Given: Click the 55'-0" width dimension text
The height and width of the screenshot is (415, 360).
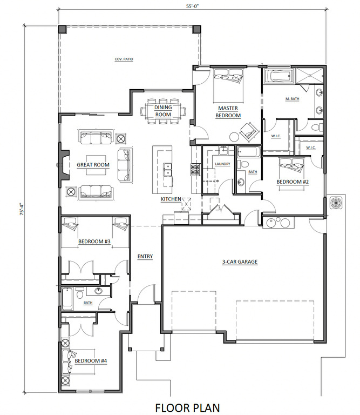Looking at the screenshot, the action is tap(192, 6).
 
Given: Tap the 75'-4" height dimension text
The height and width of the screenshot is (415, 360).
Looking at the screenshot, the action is tap(22, 209).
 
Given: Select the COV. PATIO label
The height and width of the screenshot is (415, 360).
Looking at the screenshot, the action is tap(124, 59).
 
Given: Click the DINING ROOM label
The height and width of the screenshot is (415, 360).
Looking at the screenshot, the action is tap(163, 111).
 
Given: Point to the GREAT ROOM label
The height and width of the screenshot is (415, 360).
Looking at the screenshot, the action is tap(93, 165).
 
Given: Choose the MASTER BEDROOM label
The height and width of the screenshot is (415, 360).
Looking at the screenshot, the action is tap(228, 112).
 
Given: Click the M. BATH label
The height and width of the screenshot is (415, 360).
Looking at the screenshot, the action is tap(293, 99).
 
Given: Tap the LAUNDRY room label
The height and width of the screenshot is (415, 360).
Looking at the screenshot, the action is tap(222, 164).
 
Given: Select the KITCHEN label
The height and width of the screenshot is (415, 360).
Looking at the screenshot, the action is tap(171, 199).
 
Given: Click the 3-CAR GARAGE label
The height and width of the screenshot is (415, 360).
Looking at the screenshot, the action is tap(240, 262).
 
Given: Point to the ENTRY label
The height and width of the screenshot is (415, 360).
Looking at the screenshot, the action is tap(145, 256).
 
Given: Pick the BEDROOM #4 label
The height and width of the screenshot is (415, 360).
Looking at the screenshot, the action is tap(91, 361).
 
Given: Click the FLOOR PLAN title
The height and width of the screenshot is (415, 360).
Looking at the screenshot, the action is tap(187, 408).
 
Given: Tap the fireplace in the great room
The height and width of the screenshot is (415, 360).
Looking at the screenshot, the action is tap(64, 165).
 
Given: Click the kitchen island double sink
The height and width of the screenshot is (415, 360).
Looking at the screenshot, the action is tap(167, 169).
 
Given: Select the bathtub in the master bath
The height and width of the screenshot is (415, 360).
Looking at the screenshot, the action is tap(279, 76).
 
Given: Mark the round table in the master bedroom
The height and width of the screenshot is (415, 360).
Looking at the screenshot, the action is tap(234, 137).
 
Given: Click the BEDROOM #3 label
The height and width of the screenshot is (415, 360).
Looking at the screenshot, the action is tap(94, 242).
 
